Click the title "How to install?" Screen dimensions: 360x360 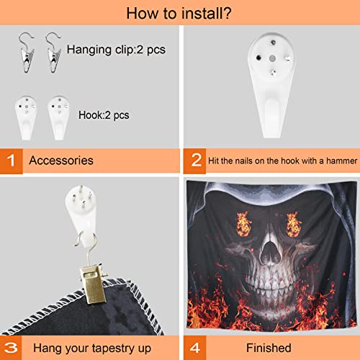(x=179, y=13)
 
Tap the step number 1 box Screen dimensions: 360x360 (x=12, y=161)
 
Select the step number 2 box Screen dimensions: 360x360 (x=194, y=161)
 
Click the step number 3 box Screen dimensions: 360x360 (x=11, y=348)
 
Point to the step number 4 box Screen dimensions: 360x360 (x=194, y=348)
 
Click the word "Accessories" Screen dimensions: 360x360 (x=61, y=161)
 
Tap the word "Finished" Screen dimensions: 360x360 (x=269, y=348)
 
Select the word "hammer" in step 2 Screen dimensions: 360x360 (x=341, y=161)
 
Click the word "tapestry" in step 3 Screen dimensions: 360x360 (x=114, y=348)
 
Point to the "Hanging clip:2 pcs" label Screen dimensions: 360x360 (x=116, y=50)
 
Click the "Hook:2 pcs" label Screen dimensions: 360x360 (x=104, y=115)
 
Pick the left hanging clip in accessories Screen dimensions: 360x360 (x=26, y=53)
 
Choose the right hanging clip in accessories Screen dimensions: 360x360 (x=53, y=53)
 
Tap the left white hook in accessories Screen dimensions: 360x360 (x=26, y=117)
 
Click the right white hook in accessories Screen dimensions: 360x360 (x=58, y=117)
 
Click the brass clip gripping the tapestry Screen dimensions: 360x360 (x=92, y=284)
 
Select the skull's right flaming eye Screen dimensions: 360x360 (x=293, y=225)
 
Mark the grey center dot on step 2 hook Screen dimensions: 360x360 (x=272, y=58)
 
